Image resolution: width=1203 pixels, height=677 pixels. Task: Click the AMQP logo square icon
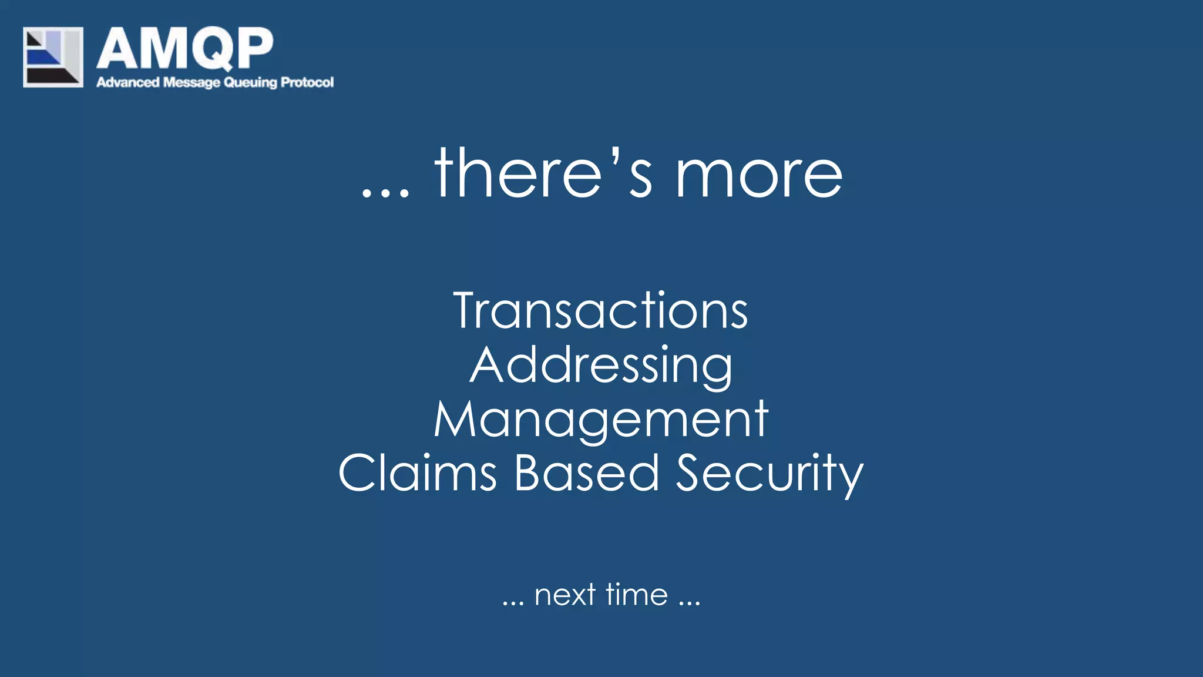(x=53, y=57)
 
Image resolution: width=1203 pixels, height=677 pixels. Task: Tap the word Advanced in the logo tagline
(x=127, y=82)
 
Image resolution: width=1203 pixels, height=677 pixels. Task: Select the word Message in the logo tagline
(x=191, y=82)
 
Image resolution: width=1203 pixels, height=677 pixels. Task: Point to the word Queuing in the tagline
(x=250, y=83)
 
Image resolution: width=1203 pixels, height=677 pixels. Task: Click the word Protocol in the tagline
(x=307, y=82)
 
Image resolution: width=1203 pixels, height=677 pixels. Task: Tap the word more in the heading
(x=758, y=176)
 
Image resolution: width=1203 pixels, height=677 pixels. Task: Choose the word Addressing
(x=601, y=366)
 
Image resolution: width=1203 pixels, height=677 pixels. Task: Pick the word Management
(x=601, y=420)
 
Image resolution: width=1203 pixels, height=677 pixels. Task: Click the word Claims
(x=418, y=473)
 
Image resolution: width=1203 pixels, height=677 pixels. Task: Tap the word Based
(x=587, y=473)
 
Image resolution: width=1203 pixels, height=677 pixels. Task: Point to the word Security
(x=769, y=474)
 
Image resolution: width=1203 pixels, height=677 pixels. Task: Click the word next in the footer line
(x=565, y=595)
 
